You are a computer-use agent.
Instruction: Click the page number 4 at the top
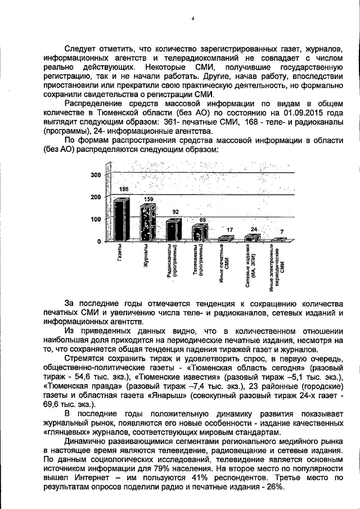coord(192,19)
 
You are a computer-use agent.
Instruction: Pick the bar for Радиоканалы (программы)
coord(173,229)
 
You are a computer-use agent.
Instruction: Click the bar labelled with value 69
coord(199,232)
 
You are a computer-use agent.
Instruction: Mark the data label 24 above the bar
coord(254,229)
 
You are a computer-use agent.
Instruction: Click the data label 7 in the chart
coord(282,232)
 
